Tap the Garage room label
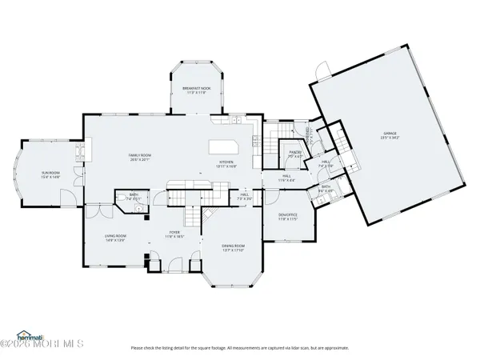click(x=389, y=135)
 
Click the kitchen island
click(x=224, y=147)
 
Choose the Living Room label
click(x=116, y=238)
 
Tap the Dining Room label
click(x=234, y=247)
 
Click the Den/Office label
click(x=287, y=216)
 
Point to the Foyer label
click(x=174, y=235)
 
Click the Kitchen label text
click(x=227, y=162)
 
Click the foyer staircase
click(x=192, y=214)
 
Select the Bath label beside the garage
click(x=326, y=189)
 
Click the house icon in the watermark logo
click(x=24, y=334)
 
